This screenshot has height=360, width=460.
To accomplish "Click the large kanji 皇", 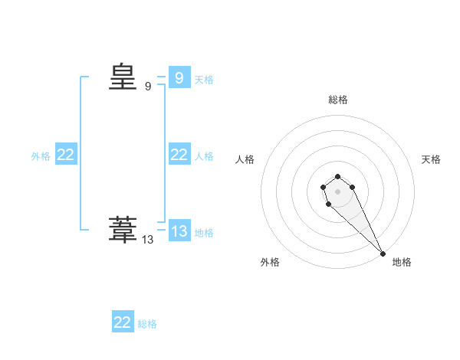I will point(122,77).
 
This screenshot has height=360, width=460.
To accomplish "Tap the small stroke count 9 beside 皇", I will point(148,87).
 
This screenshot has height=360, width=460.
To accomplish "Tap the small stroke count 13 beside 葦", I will point(148,240).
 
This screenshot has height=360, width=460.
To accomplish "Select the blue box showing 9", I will point(179,77).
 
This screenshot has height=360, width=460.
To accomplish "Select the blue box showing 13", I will point(179,231).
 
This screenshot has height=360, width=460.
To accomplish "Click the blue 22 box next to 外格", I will point(66,155).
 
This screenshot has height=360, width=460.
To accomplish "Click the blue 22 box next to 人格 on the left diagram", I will point(179,155).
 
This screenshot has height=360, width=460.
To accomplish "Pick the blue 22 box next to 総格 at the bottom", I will point(123,322).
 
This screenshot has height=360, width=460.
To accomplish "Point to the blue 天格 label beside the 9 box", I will point(204,79).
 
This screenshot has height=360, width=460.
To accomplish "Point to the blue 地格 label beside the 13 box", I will point(204,232).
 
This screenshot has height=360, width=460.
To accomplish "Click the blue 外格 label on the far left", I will point(41,156).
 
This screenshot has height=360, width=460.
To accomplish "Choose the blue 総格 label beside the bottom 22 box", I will point(147,324).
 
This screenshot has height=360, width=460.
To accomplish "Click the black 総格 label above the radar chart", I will point(338,100).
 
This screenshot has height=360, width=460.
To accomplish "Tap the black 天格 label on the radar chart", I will point(431,159).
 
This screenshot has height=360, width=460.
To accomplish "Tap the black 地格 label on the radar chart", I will point(402,262).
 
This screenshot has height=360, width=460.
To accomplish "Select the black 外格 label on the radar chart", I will point(270,262).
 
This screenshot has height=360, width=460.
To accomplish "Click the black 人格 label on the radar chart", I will point(245,159).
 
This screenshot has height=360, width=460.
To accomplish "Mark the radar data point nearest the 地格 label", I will point(383,254).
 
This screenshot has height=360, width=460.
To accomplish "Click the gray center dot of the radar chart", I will point(337,191).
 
